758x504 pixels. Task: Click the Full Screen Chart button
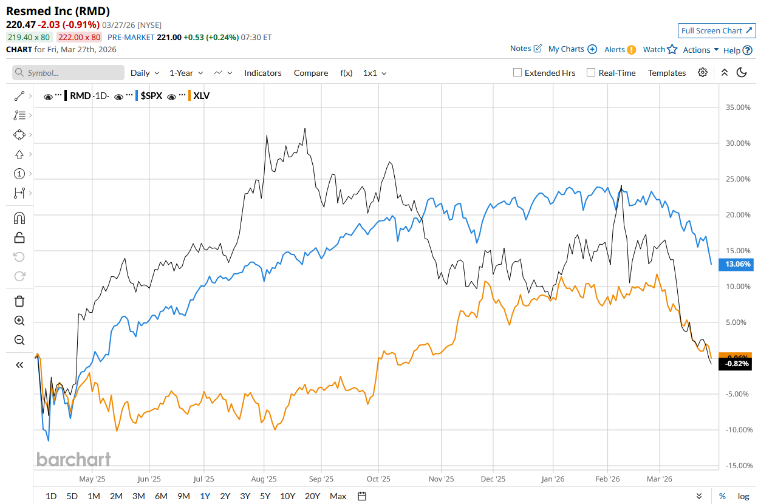point(717,31)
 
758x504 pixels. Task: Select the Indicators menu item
point(262,73)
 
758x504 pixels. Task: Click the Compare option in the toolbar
point(310,73)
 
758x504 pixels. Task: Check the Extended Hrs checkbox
point(517,73)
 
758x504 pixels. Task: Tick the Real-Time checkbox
point(591,73)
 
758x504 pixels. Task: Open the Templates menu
point(666,73)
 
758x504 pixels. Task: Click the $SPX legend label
point(151,96)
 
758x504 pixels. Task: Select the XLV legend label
point(201,96)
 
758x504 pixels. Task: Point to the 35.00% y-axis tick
point(738,107)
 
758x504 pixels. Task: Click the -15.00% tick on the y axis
point(737,466)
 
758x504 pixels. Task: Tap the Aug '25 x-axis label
point(264,478)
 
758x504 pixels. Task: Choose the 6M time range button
point(161,496)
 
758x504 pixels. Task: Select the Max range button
point(338,496)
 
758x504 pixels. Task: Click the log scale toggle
point(743,496)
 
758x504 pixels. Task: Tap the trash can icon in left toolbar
point(19,301)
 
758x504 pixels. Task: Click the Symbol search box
point(68,73)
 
